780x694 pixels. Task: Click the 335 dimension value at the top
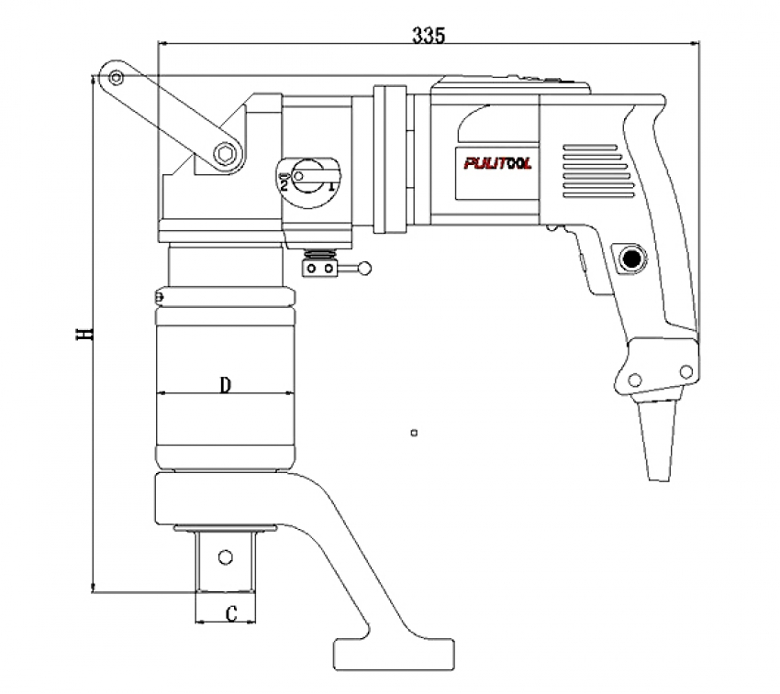coord(429,36)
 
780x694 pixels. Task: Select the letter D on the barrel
coord(224,384)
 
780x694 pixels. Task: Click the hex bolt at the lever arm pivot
coord(223,154)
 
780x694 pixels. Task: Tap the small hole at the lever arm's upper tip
coord(115,78)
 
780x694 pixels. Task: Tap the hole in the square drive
coord(224,556)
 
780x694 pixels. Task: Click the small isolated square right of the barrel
coord(415,432)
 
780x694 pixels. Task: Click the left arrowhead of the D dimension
coord(162,393)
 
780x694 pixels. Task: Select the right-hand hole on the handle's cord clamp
coord(685,370)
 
